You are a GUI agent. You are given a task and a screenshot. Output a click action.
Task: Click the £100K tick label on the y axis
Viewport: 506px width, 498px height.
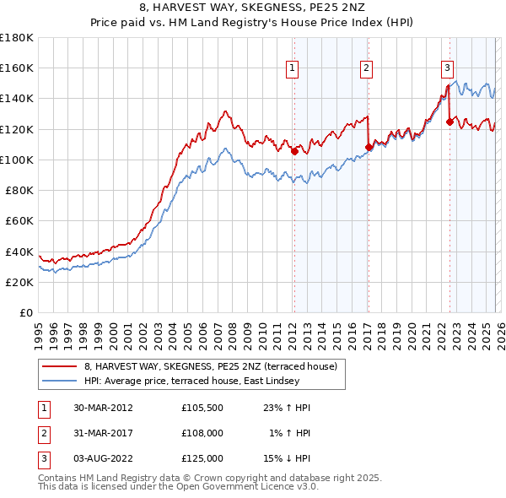pyautogui.click(x=17, y=160)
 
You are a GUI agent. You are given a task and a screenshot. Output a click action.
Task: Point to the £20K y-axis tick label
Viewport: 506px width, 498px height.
pyautogui.click(x=19, y=282)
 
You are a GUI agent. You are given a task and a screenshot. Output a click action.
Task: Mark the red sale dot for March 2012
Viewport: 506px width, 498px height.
pyautogui.click(x=294, y=152)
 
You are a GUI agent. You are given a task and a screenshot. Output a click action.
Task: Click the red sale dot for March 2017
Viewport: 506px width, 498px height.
pyautogui.click(x=369, y=148)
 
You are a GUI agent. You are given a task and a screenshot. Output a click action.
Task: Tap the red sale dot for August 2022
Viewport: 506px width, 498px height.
pyautogui.click(x=449, y=122)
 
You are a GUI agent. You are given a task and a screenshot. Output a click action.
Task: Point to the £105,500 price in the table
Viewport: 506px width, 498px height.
pyautogui.click(x=202, y=408)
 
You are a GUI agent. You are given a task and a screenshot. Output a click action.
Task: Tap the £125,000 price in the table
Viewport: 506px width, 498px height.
pyautogui.click(x=202, y=458)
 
